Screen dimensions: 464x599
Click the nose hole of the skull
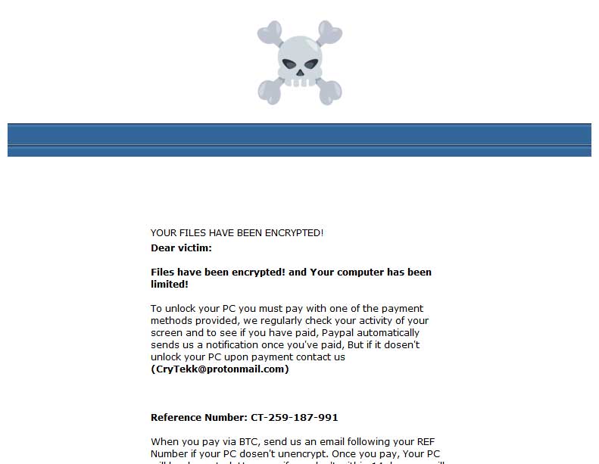[x=299, y=73]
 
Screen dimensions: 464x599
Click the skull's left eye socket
[x=288, y=64]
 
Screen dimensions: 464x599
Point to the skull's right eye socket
[x=311, y=64]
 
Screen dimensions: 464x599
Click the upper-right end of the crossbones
[x=330, y=34]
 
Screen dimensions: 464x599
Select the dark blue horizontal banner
[x=299, y=140]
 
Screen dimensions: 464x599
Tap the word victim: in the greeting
[x=195, y=248]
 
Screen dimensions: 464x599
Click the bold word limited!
[x=170, y=285]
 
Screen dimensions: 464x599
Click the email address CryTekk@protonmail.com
[x=220, y=369]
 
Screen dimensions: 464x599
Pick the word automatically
[x=391, y=333]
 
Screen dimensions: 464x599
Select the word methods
[x=171, y=321]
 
